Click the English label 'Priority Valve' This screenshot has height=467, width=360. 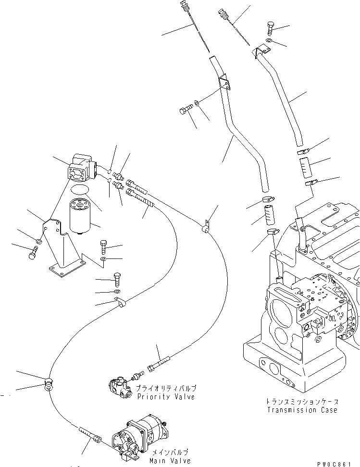click(165, 397)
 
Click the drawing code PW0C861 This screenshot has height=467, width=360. click(339, 462)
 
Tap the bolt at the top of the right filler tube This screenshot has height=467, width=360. click(270, 27)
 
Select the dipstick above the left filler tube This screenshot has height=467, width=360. click(195, 24)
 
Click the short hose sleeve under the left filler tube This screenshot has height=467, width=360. click(269, 215)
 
